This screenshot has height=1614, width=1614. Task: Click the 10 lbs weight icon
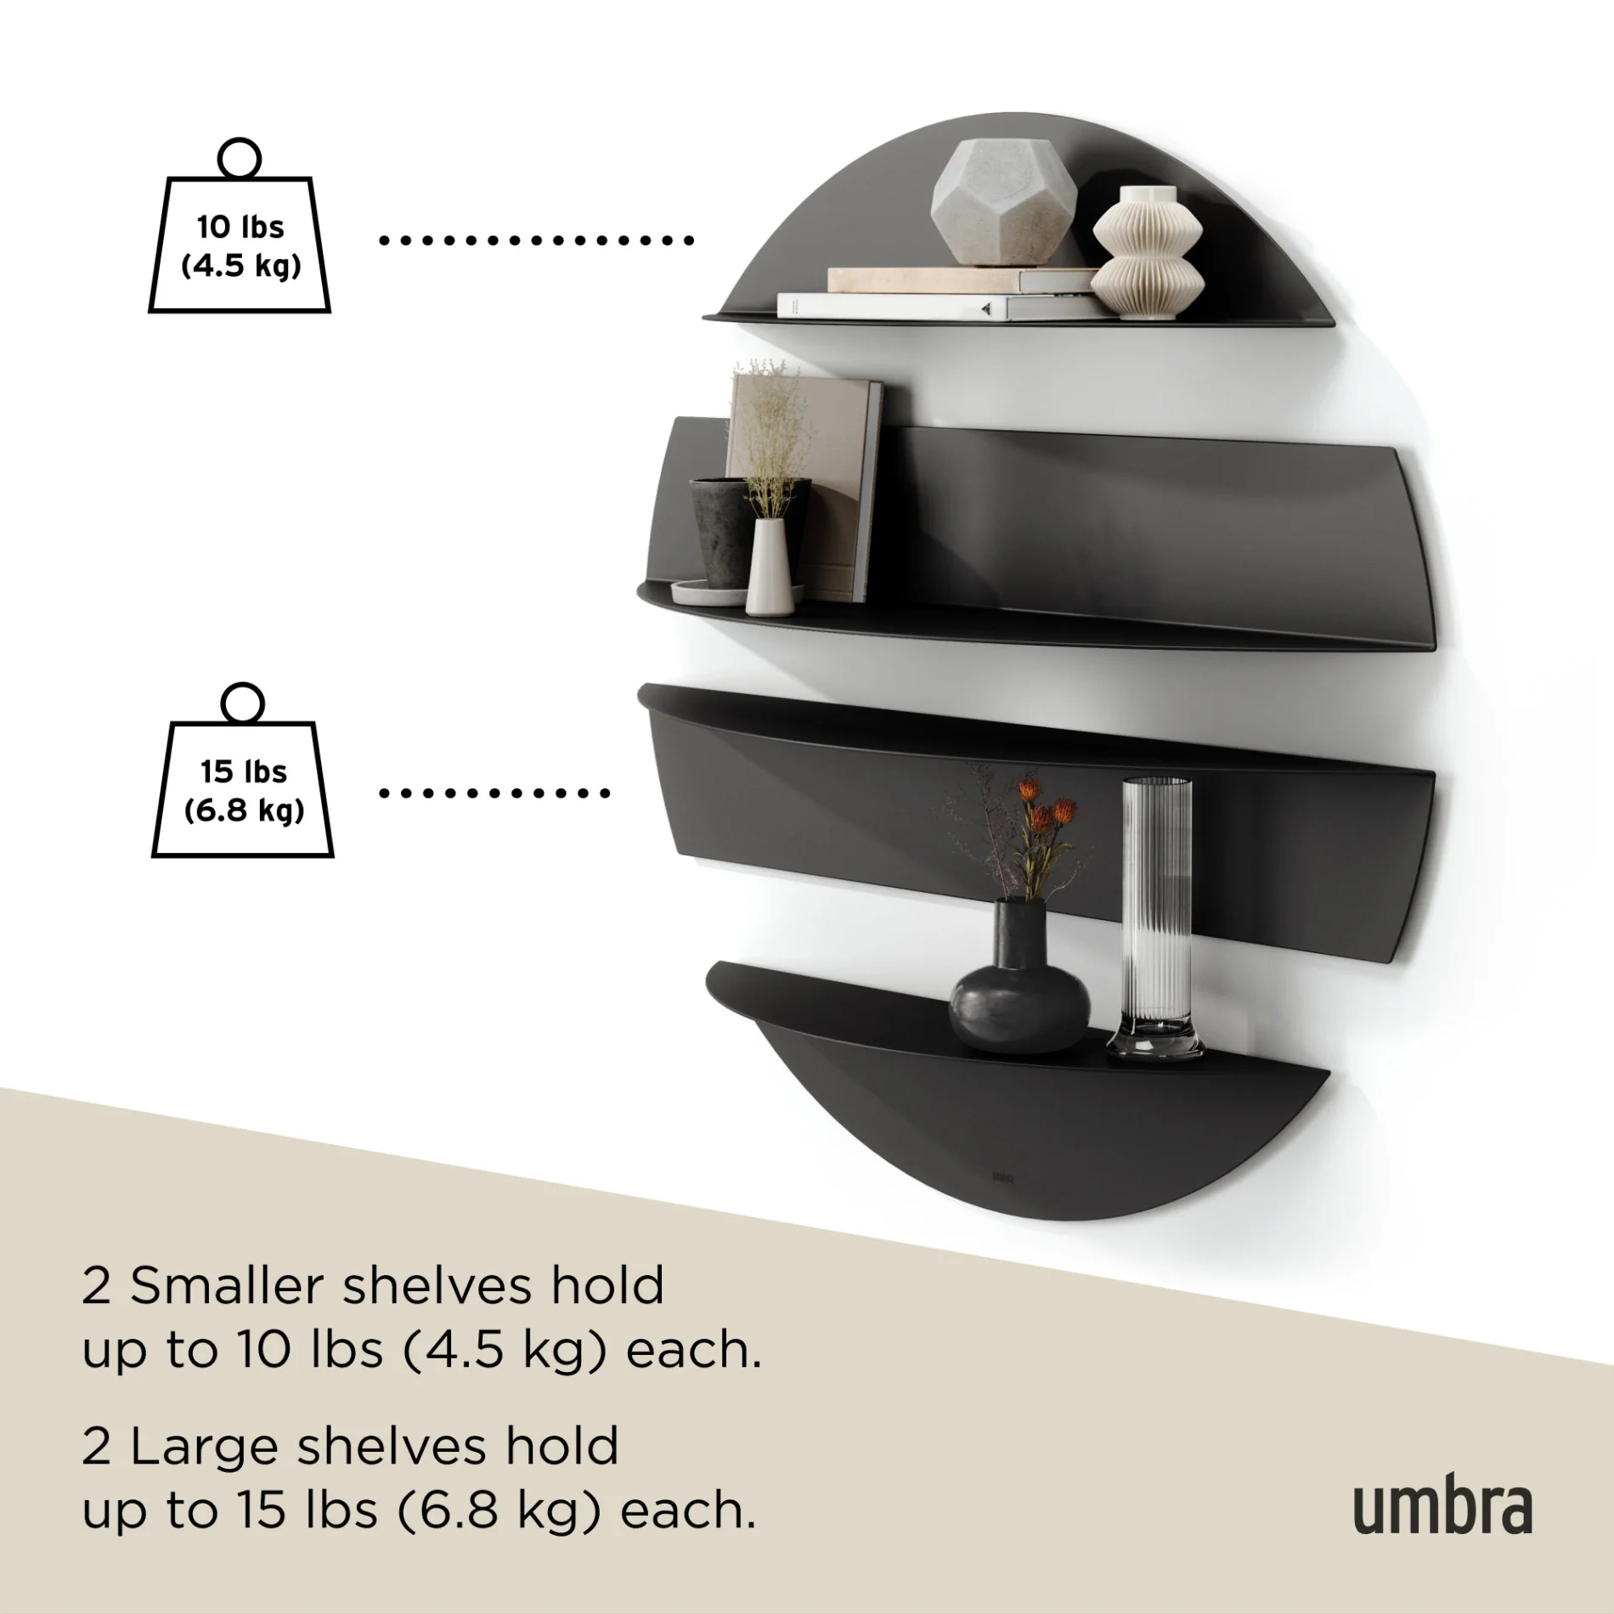(x=240, y=245)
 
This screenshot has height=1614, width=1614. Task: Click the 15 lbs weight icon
(x=243, y=789)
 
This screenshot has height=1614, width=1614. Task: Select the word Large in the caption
(x=204, y=1447)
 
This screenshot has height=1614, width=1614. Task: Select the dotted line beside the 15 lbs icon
(x=494, y=793)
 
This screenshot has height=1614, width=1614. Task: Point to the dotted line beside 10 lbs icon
(x=536, y=241)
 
